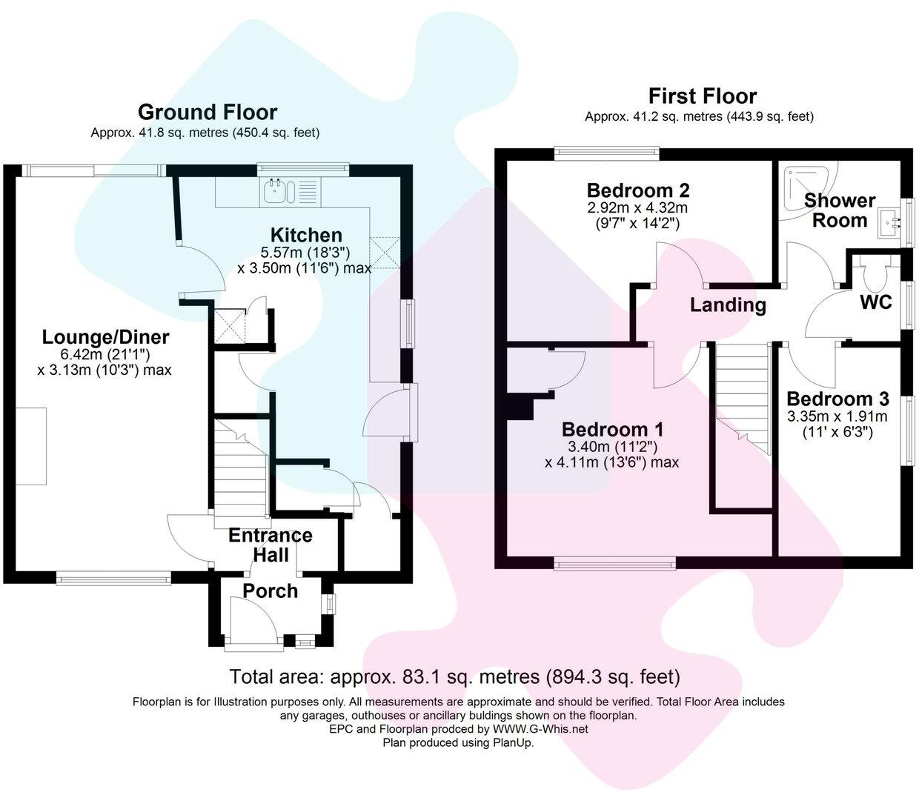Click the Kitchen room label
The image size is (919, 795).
pos(296,234)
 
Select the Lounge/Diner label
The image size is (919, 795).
pos(105,337)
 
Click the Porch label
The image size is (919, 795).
pos(271,591)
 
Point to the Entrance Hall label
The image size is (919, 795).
pos(270,545)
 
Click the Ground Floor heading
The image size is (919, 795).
pos(208,113)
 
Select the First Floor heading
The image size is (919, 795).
pos(702,96)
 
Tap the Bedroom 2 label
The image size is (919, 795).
pos(638,189)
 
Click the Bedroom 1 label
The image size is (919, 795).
pos(612,430)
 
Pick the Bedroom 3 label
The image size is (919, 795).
pos(837,399)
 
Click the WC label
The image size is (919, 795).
pos(875,302)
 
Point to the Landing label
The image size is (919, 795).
pos(728,305)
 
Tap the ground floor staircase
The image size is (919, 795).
pos(239,467)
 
